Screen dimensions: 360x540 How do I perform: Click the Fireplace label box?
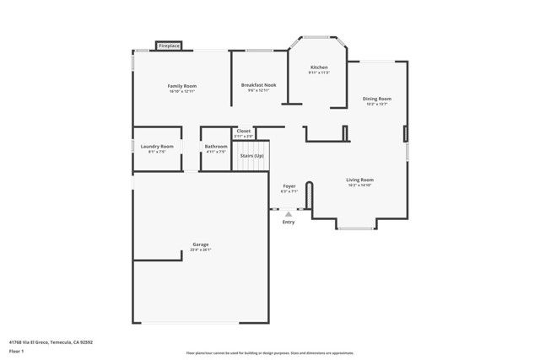(x=169, y=46)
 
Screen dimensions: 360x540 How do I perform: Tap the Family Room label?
(x=181, y=86)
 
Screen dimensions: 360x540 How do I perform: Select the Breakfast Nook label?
(x=258, y=85)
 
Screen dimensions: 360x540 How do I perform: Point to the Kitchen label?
(x=319, y=67)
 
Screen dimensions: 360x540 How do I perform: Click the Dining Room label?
(x=377, y=99)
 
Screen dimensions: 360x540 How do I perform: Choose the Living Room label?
(x=359, y=180)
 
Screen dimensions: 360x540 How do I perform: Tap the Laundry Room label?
(x=157, y=147)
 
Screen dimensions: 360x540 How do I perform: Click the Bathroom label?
(x=216, y=147)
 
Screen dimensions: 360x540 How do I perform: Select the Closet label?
(x=243, y=131)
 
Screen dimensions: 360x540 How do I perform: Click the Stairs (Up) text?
(x=252, y=156)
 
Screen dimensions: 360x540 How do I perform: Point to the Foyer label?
(x=289, y=186)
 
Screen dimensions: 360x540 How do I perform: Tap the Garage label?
(x=200, y=244)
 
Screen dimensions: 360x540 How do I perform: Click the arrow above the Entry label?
(x=289, y=214)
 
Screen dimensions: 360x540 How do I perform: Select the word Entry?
(x=289, y=222)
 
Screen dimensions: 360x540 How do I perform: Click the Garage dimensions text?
(x=200, y=250)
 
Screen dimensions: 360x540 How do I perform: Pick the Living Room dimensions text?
(x=359, y=185)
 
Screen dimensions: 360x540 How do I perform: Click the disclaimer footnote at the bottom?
(x=270, y=352)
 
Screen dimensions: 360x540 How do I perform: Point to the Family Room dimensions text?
(x=181, y=91)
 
